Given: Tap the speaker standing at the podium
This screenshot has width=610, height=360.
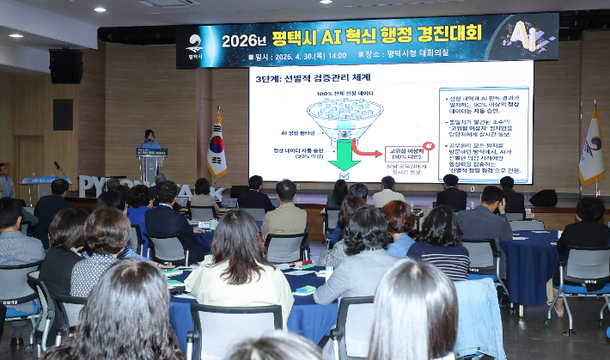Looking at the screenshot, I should pyautogui.click(x=150, y=139).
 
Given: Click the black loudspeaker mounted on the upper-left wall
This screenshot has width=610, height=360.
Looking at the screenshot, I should pyautogui.click(x=65, y=66).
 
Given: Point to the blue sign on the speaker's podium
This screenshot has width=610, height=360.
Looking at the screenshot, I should pyautogui.click(x=151, y=152).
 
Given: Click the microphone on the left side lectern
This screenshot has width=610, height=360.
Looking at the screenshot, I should pyautogui.click(x=58, y=167).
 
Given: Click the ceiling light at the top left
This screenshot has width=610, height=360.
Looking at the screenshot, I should pyautogui.click(x=15, y=35).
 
